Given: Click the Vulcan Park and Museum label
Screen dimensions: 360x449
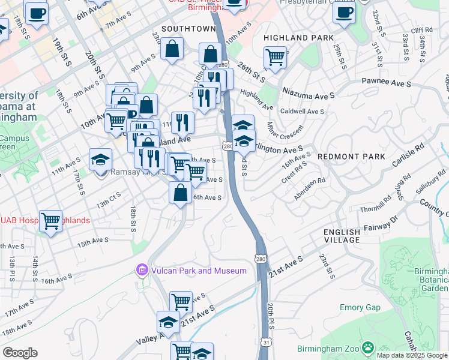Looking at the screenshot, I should coord(197,271).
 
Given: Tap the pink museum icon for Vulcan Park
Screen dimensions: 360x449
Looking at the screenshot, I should coord(142,271).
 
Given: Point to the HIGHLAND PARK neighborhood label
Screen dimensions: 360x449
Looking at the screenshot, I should coord(298,38).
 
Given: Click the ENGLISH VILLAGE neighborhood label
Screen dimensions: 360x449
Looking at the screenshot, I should coord(342,236).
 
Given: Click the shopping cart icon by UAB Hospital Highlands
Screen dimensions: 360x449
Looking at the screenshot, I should coord(51,221).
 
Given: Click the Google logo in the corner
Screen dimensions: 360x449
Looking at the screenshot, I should coord(20,353).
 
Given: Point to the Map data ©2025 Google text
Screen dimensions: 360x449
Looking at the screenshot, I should coord(412,355).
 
